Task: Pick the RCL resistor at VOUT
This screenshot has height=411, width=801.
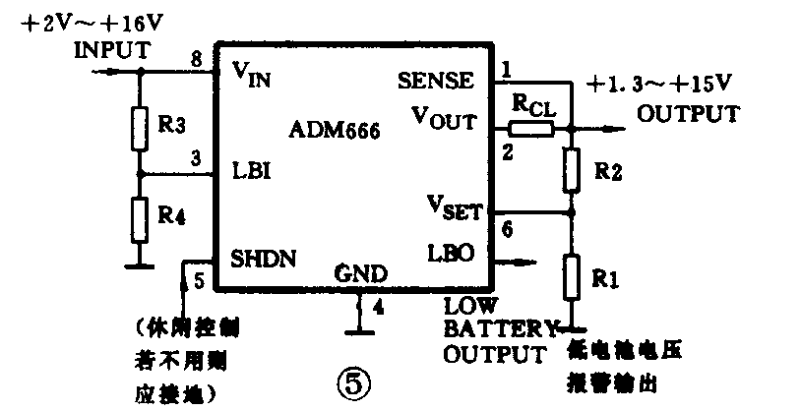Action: click(x=532, y=128)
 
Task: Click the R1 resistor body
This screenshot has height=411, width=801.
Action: click(x=572, y=278)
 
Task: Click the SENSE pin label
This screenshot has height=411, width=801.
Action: click(x=437, y=79)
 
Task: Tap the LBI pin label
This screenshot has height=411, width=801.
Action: click(x=250, y=169)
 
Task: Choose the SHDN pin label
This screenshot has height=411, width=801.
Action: click(x=264, y=259)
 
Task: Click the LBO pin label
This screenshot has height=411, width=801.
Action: click(x=451, y=253)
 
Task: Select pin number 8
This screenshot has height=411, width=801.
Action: click(x=197, y=60)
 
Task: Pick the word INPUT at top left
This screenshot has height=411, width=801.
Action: click(x=112, y=50)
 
